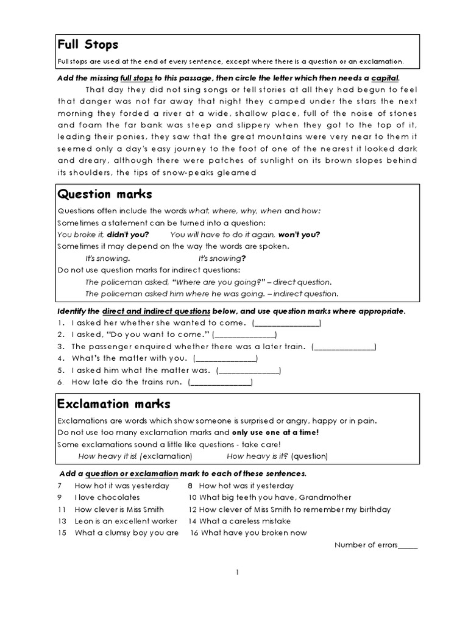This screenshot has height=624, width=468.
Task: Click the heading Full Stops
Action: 88,45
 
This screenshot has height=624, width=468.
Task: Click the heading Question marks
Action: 104,194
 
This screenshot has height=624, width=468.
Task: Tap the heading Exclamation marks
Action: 113,404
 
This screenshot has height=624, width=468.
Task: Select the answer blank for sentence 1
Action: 286,323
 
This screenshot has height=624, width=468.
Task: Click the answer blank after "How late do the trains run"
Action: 221,383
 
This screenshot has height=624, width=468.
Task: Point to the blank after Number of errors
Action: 407,545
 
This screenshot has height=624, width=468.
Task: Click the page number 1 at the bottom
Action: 238,572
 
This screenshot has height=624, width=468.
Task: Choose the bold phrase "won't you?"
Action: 299,235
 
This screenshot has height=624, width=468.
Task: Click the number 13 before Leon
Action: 62,521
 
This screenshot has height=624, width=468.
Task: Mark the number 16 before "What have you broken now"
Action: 195,533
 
